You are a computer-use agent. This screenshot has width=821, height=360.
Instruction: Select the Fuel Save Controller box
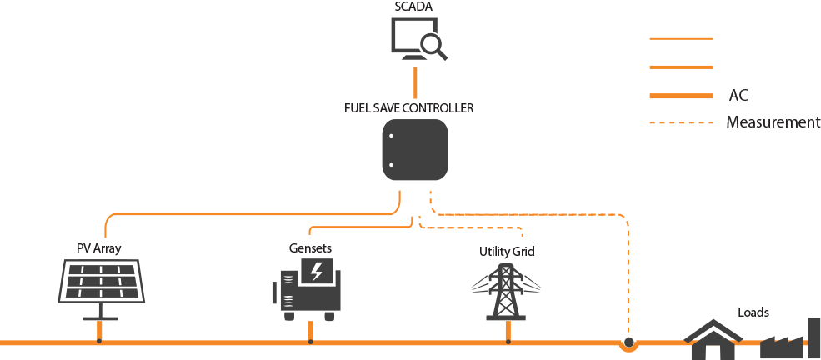click(415, 150)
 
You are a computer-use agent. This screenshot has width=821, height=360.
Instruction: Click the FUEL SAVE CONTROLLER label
click(409, 108)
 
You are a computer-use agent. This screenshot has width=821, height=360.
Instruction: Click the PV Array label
click(99, 247)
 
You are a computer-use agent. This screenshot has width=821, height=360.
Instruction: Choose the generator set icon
click(310, 288)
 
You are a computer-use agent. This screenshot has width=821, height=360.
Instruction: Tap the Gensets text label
click(310, 248)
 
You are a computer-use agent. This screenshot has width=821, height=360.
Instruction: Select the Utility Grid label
click(507, 251)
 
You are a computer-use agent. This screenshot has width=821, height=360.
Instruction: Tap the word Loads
click(753, 312)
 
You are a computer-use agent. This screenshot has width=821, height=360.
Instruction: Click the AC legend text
click(738, 96)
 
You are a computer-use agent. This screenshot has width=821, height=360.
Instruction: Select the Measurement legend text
click(773, 122)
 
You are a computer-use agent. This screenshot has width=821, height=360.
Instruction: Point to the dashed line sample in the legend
click(681, 123)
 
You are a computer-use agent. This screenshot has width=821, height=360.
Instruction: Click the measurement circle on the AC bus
click(628, 342)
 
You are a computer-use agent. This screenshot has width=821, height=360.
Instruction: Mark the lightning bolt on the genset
click(317, 270)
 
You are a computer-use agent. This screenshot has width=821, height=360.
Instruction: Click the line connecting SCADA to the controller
click(414, 82)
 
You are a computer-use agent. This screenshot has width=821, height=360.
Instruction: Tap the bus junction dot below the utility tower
click(508, 342)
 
